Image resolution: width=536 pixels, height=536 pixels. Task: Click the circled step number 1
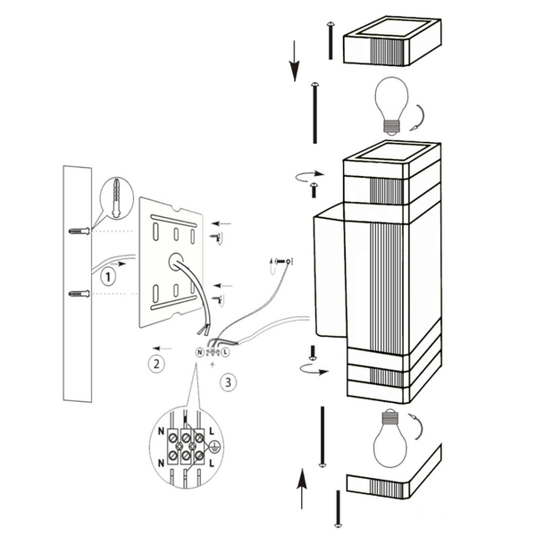click(x=108, y=276)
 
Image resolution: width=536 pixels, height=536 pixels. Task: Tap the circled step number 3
click(x=230, y=381)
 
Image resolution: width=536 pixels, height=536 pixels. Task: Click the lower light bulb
click(x=390, y=438)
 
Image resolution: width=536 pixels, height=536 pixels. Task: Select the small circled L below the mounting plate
click(x=225, y=353)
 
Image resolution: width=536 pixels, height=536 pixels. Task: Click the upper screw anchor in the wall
click(x=80, y=232)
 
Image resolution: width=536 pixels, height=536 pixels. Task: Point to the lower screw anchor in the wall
click(x=80, y=293)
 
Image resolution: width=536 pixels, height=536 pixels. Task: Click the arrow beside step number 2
click(x=162, y=348)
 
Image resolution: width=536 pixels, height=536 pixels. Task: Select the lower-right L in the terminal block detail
click(x=211, y=464)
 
